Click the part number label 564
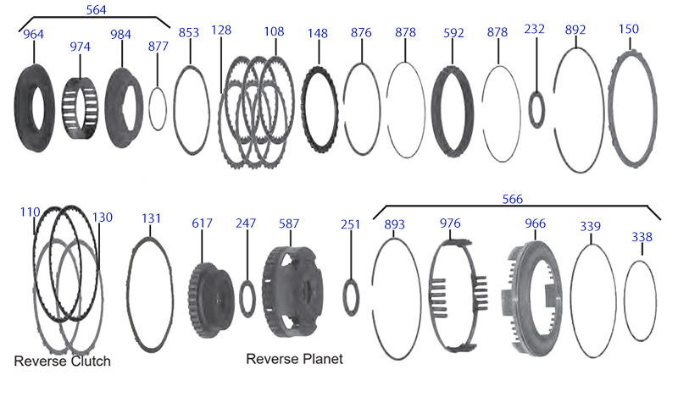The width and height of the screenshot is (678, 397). click(x=96, y=10)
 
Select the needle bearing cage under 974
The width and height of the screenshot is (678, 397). click(x=80, y=108)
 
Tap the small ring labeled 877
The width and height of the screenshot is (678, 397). click(x=158, y=108)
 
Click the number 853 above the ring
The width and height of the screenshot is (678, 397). click(x=189, y=33)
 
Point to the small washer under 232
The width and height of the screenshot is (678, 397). click(x=536, y=110)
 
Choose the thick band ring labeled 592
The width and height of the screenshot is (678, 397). click(x=453, y=111)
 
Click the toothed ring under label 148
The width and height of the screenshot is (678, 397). click(x=320, y=110)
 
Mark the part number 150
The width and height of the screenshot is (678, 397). click(x=628, y=30)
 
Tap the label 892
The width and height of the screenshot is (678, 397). click(x=575, y=30)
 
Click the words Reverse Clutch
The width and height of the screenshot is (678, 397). click(x=62, y=361)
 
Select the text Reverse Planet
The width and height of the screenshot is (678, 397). click(x=294, y=359)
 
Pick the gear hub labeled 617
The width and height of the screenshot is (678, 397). click(x=211, y=301)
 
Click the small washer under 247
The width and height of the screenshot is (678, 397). click(x=247, y=299)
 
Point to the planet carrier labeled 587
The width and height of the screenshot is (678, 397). click(x=292, y=292)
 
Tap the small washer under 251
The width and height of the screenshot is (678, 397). click(x=351, y=297)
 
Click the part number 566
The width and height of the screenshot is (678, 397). click(x=513, y=199)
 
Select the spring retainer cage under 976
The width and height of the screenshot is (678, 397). click(x=458, y=295)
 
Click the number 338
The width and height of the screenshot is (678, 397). click(x=642, y=237)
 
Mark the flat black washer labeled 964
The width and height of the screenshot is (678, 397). click(x=35, y=108)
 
